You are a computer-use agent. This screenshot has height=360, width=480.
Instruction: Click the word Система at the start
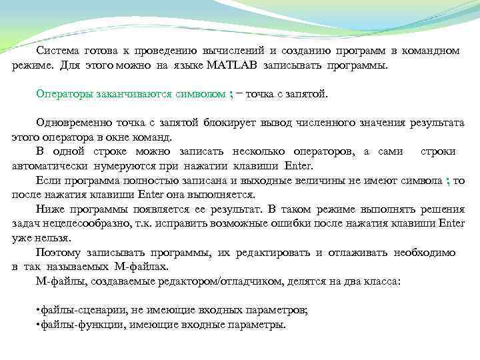[57, 51]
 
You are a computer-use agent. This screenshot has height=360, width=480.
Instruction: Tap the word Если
[47, 181]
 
